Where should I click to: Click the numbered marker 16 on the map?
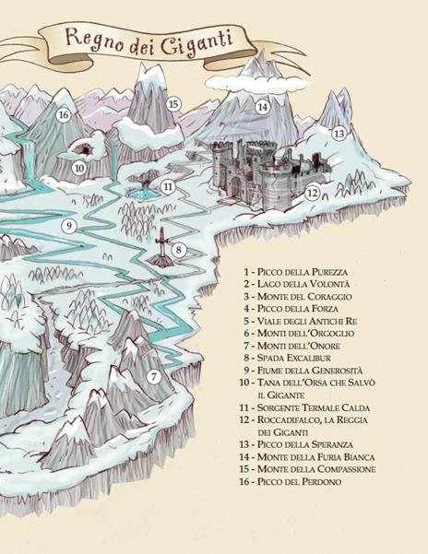click(64, 115)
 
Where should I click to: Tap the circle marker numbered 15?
click(173, 104)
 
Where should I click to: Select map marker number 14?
click(263, 107)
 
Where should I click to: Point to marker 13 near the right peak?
click(339, 134)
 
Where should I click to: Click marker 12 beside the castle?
click(312, 194)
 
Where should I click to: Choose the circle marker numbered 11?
click(168, 186)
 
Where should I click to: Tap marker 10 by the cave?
click(79, 168)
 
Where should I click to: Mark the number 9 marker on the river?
click(68, 226)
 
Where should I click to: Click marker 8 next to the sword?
click(179, 250)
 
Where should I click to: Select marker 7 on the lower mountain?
click(154, 376)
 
